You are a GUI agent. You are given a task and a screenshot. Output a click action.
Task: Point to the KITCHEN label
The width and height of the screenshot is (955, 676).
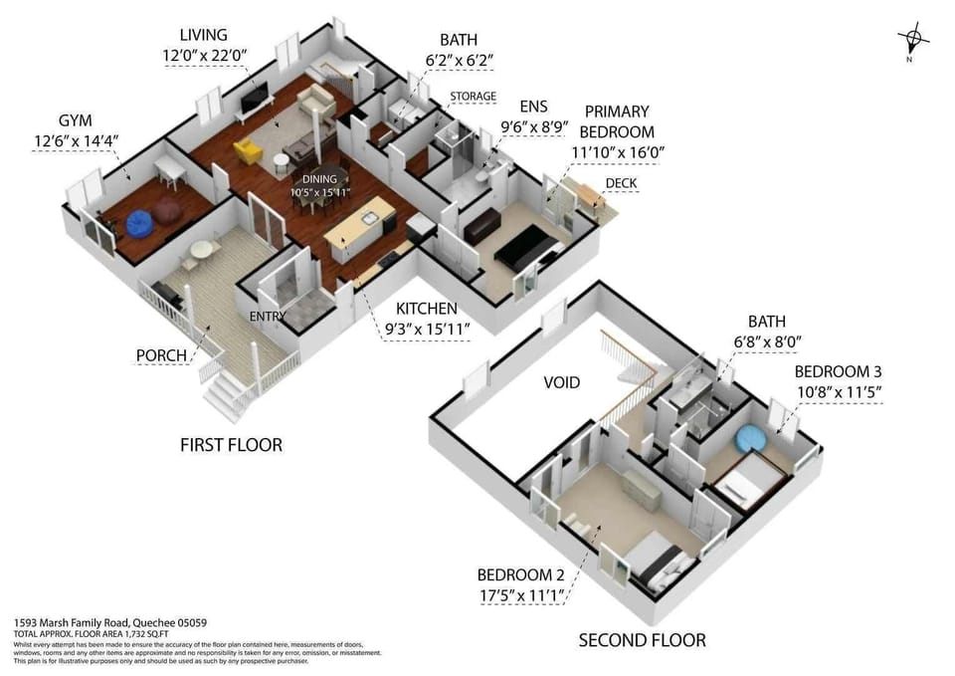(426, 309)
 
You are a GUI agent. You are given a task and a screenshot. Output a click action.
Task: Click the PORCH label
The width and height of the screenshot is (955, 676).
(161, 355)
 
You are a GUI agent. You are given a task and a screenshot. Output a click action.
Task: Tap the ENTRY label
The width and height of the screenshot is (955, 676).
(269, 317)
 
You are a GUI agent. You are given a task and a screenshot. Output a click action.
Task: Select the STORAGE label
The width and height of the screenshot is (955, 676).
(473, 97)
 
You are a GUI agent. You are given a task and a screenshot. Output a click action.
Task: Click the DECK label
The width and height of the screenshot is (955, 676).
(621, 183)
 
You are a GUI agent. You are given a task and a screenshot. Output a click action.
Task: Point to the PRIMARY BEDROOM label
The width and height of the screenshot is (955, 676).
(618, 121)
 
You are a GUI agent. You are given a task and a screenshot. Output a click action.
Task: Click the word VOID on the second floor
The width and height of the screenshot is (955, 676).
(561, 382)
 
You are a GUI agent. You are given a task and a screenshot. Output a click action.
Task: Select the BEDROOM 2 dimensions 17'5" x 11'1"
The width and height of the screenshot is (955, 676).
(521, 596)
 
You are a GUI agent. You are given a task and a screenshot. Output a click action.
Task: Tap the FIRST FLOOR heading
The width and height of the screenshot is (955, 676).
(231, 444)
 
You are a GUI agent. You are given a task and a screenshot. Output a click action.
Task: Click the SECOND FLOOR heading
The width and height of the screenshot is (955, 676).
(643, 640)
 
